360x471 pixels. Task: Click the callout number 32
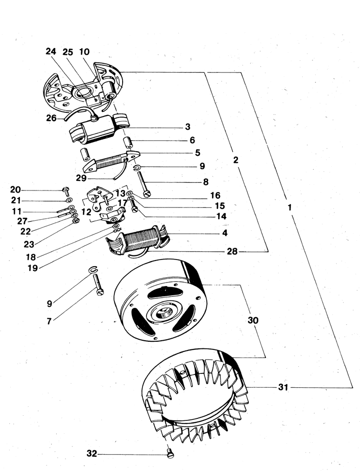tap(92, 453)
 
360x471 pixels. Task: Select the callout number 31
tap(283, 388)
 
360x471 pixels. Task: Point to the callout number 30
tap(253, 320)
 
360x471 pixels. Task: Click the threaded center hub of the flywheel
tap(162, 314)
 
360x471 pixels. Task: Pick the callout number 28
tap(232, 251)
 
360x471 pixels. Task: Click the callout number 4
tap(225, 233)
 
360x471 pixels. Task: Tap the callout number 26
tap(52, 118)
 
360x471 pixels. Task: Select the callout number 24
tap(51, 52)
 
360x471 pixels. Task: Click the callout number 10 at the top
tap(84, 52)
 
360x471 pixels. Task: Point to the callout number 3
tap(187, 127)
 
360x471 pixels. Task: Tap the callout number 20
tap(15, 190)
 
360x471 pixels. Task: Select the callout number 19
tap(33, 268)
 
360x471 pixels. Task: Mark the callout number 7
tap(49, 321)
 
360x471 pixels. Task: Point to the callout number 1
tap(290, 207)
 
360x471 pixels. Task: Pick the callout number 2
tap(236, 160)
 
